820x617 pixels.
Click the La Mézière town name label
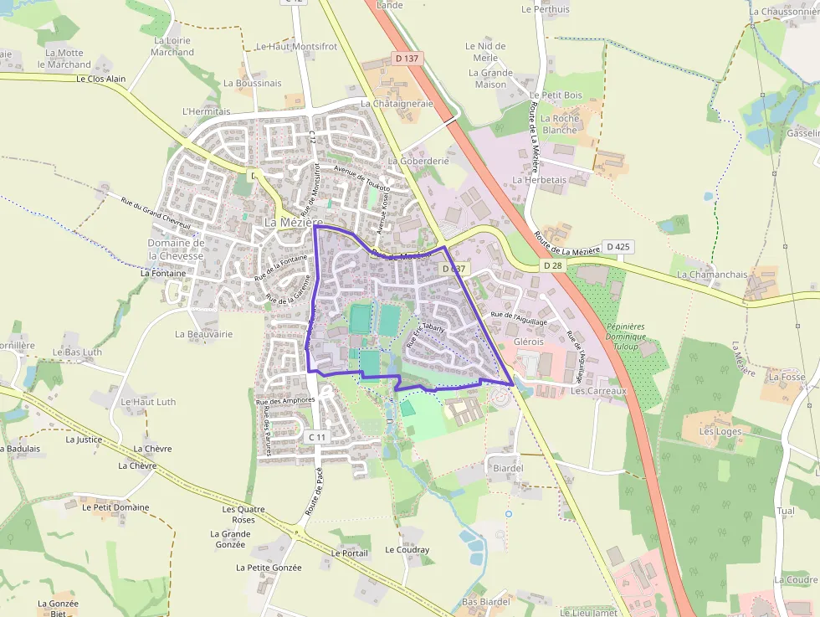tap(293, 223)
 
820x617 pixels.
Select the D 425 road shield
tap(618, 246)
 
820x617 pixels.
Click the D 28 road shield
tap(551, 265)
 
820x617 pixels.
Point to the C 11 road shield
tap(316, 437)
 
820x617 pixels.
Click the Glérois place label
tap(529, 342)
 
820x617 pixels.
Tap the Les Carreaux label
tap(598, 391)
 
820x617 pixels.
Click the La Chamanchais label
tap(712, 274)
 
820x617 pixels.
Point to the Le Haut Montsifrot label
tap(296, 47)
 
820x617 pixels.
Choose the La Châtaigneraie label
tap(397, 104)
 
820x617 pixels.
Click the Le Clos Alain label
tap(100, 80)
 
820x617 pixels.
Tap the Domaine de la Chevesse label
tap(176, 249)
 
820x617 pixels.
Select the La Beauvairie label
tap(203, 333)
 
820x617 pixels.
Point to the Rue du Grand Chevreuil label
tap(156, 214)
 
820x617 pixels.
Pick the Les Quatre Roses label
tap(243, 514)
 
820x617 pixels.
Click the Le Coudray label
tap(407, 550)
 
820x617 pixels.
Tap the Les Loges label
tap(720, 432)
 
